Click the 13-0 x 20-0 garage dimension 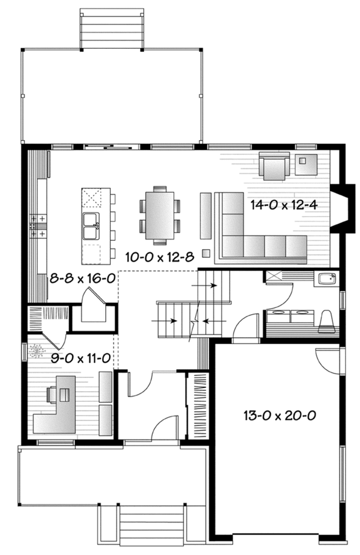279,415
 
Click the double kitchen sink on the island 91,226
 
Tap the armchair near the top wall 276,165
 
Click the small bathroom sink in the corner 325,279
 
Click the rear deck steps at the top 111,28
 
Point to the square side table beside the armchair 306,164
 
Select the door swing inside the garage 327,359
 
